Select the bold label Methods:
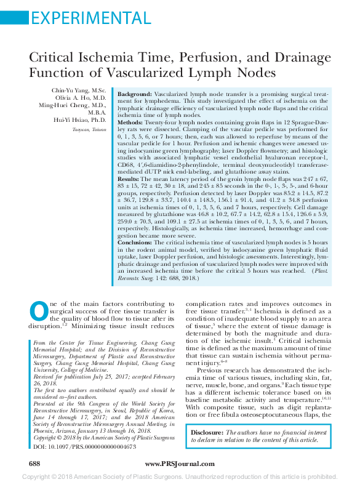click(x=132, y=123)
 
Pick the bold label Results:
click(x=129, y=179)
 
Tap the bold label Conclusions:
click(x=137, y=243)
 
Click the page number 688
click(x=35, y=463)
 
